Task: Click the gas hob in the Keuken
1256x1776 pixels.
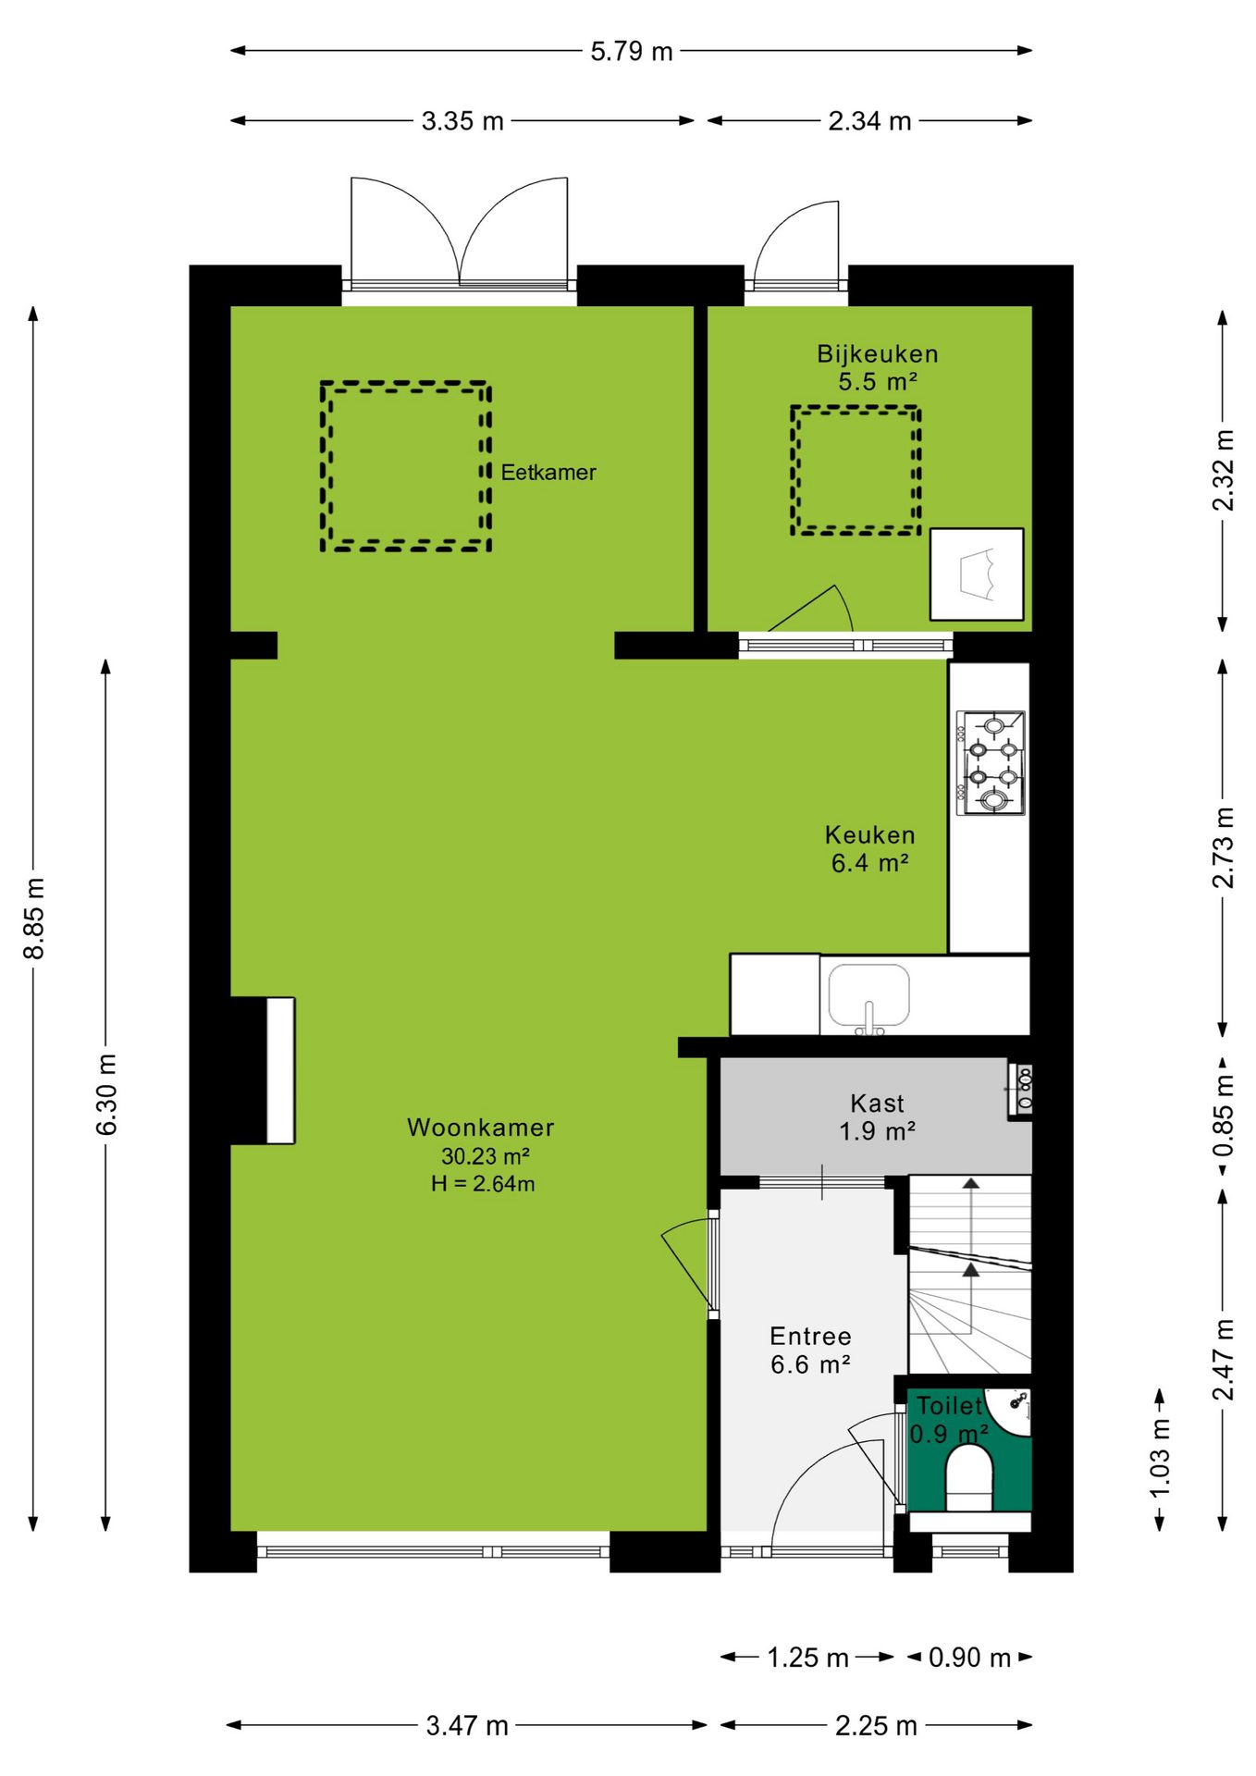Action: [991, 763]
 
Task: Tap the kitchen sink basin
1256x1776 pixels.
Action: [868, 996]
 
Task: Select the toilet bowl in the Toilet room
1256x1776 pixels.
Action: [968, 1477]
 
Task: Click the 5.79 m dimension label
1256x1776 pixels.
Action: [632, 51]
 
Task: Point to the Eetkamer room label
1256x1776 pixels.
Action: [548, 473]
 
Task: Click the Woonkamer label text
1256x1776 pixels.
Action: [481, 1128]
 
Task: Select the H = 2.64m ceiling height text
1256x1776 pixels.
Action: [483, 1184]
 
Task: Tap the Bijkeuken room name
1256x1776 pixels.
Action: [878, 354]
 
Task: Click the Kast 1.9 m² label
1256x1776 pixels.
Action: [877, 1117]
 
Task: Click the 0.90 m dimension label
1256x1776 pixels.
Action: [969, 1658]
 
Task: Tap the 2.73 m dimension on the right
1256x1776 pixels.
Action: [1224, 847]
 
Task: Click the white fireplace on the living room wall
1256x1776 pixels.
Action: [281, 1070]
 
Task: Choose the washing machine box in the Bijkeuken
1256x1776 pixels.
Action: [977, 574]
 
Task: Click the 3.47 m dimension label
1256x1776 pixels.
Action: [467, 1726]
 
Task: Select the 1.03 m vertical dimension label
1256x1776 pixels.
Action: [1160, 1458]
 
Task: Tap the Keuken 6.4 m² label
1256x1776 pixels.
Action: [869, 849]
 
